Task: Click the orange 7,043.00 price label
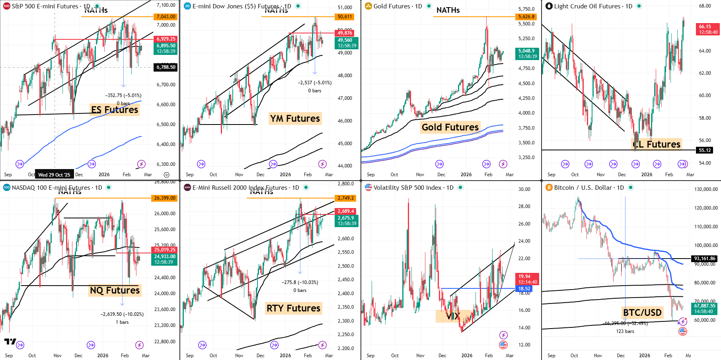(x=166, y=17)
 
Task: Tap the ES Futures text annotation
(x=115, y=110)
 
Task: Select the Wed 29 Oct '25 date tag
(x=54, y=175)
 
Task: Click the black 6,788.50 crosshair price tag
(x=166, y=67)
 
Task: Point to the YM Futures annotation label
(x=295, y=119)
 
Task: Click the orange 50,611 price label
(x=345, y=17)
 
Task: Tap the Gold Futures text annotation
(x=450, y=127)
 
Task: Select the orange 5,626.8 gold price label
(x=526, y=17)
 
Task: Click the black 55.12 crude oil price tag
(x=705, y=150)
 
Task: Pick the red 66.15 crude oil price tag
(x=708, y=29)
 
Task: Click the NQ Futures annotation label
(x=115, y=290)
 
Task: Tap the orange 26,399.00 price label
(x=164, y=198)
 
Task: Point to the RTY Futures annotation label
(x=293, y=308)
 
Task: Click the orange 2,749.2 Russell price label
(x=345, y=198)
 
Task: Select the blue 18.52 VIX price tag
(x=524, y=289)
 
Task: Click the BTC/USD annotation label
(x=642, y=313)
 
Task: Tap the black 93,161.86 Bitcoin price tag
(x=705, y=259)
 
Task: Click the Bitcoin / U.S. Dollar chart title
(x=583, y=188)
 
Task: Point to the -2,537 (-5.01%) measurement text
(x=314, y=83)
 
